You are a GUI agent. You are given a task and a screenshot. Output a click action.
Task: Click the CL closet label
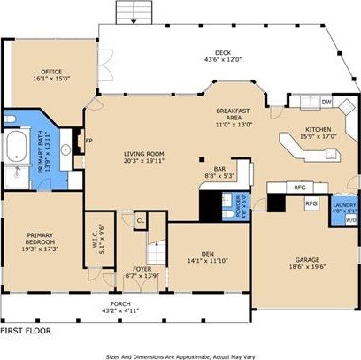140,219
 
